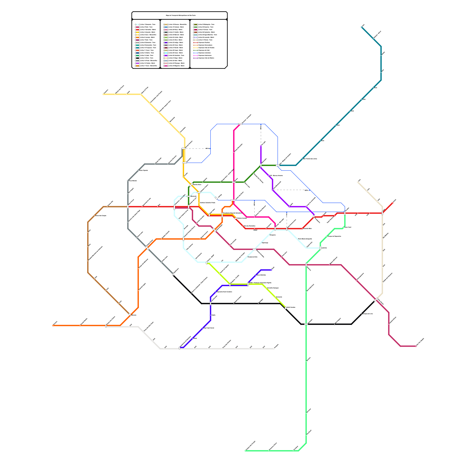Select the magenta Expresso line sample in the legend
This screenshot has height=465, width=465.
(196, 55)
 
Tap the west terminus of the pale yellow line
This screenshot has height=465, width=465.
(103, 94)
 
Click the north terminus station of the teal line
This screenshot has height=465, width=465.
(362, 27)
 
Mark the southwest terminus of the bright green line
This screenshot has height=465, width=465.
(245, 450)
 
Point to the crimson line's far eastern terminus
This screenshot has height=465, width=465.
(416, 346)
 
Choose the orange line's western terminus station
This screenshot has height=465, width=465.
(53, 325)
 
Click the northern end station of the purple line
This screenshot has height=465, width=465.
(261, 146)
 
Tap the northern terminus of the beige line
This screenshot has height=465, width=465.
(358, 182)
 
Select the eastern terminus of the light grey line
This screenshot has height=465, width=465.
(274, 348)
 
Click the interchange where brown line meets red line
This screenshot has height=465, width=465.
(128, 207)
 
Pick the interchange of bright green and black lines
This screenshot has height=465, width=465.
(306, 324)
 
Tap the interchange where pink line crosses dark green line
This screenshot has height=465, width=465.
(234, 182)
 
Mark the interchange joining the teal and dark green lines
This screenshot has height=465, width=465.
(278, 165)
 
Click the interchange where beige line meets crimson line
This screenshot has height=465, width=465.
(376, 299)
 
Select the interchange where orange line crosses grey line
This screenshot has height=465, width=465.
(147, 248)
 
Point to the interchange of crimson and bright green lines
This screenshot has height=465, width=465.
(306, 264)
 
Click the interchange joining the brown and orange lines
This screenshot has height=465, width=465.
(130, 314)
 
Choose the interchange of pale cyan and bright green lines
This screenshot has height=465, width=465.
(320, 248)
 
